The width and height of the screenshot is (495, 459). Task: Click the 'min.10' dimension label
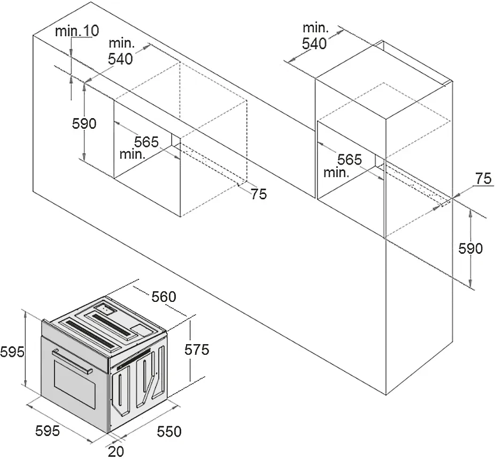pos(77,31)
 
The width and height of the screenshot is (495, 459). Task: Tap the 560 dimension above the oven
pos(164,297)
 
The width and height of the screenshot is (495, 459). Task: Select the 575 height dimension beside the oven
pos(197,349)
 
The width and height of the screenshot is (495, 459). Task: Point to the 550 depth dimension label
pos(169,432)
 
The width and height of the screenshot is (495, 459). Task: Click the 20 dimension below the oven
pos(116,452)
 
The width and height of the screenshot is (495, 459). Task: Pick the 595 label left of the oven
pos(12,352)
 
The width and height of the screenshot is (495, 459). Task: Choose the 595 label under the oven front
pos(48,431)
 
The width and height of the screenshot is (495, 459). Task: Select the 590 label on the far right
pos(470,248)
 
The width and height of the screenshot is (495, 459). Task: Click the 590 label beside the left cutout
pos(84,123)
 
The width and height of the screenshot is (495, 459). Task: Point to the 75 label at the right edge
pos(483,178)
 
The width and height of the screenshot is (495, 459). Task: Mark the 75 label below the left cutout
pos(259,194)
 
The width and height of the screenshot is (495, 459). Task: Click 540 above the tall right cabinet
pos(314,43)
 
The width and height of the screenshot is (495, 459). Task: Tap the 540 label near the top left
pos(120,59)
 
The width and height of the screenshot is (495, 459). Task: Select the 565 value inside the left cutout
pos(146,142)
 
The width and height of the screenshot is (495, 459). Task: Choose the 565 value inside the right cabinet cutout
pos(349,160)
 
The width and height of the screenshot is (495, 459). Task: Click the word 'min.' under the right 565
pos(337,173)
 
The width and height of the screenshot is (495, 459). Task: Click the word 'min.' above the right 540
pos(316,28)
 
